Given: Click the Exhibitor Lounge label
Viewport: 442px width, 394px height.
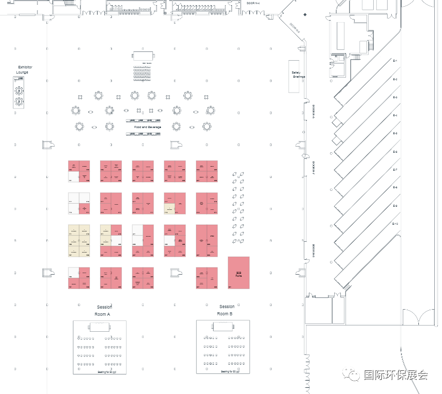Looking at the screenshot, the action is pyautogui.click(x=24, y=70).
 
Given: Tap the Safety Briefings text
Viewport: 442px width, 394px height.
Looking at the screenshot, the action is pyautogui.click(x=298, y=75).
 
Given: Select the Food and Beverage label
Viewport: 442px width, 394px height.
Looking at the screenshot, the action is pyautogui.click(x=148, y=127).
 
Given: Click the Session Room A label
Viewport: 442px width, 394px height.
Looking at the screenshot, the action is pyautogui.click(x=103, y=310).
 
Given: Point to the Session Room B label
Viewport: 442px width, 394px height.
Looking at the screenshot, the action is pyautogui.click(x=226, y=310).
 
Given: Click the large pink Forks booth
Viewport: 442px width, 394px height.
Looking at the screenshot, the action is pyautogui.click(x=239, y=273).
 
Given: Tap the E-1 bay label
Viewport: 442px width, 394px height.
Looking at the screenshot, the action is pyautogui.click(x=395, y=61).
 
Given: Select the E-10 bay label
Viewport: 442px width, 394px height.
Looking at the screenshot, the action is pyautogui.click(x=395, y=224).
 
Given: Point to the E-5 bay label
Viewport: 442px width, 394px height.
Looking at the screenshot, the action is pyautogui.click(x=395, y=134).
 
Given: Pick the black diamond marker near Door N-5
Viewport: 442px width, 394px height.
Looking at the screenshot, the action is pyautogui.click(x=305, y=14).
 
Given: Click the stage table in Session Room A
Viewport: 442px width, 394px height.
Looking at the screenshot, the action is pyautogui.click(x=100, y=327).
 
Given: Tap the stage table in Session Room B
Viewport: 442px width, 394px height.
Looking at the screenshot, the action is pyautogui.click(x=223, y=327).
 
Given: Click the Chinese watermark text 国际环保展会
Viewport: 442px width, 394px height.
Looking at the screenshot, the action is pyautogui.click(x=395, y=374).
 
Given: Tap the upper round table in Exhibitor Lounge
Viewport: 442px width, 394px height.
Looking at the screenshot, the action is pyautogui.click(x=20, y=91).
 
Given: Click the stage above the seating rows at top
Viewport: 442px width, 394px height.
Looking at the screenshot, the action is pyautogui.click(x=144, y=55).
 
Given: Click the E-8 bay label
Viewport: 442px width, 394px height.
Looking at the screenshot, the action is pyautogui.click(x=395, y=188).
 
